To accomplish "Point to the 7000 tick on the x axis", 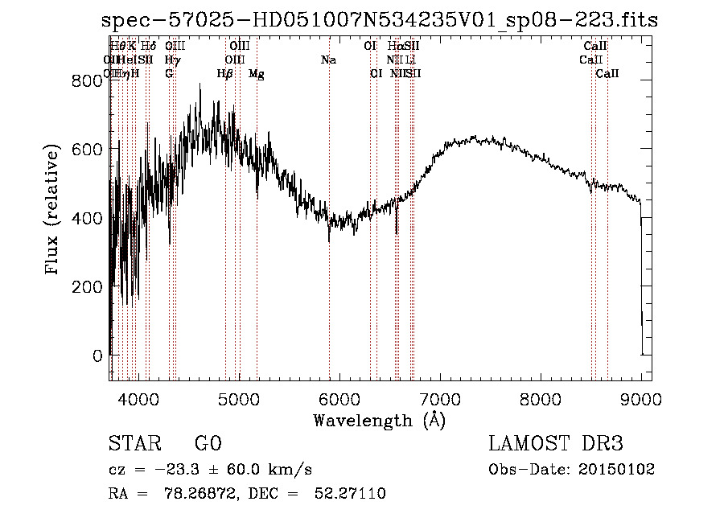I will (x=439, y=400).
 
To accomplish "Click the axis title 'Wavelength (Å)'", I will (x=379, y=420).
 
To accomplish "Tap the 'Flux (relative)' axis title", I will (x=53, y=211).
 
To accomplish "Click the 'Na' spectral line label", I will (x=328, y=60).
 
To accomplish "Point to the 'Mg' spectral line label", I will (x=256, y=74).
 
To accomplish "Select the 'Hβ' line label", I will (x=225, y=74).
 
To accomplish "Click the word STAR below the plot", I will (x=130, y=444).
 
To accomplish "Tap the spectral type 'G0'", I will (x=208, y=444).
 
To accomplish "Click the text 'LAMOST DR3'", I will (x=555, y=444).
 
